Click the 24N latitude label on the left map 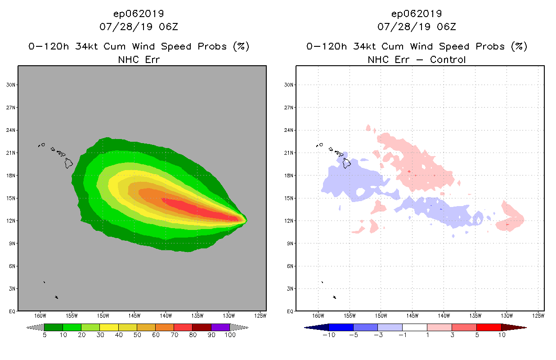(x=11, y=130)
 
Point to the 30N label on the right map (x=289, y=85)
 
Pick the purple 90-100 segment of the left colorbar (x=220, y=327)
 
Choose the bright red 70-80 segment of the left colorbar (x=183, y=327)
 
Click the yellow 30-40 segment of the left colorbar (x=109, y=327)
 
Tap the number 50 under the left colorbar (x=137, y=335)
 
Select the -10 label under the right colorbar (x=328, y=335)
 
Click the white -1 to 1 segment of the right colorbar (x=414, y=327)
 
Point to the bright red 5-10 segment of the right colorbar (x=489, y=327)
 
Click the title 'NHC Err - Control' (x=417, y=59)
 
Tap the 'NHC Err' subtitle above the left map (x=139, y=59)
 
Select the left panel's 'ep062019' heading (x=139, y=14)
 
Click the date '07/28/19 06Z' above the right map (x=417, y=27)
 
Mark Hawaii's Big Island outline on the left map (x=68, y=162)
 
